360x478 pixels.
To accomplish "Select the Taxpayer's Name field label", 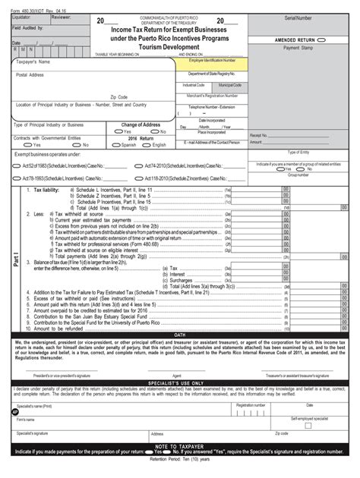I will [x=33, y=62].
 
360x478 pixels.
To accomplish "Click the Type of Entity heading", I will [x=302, y=152].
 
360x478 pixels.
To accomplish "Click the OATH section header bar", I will [x=179, y=335].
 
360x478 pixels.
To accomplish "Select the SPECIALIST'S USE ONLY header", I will [x=179, y=382].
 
